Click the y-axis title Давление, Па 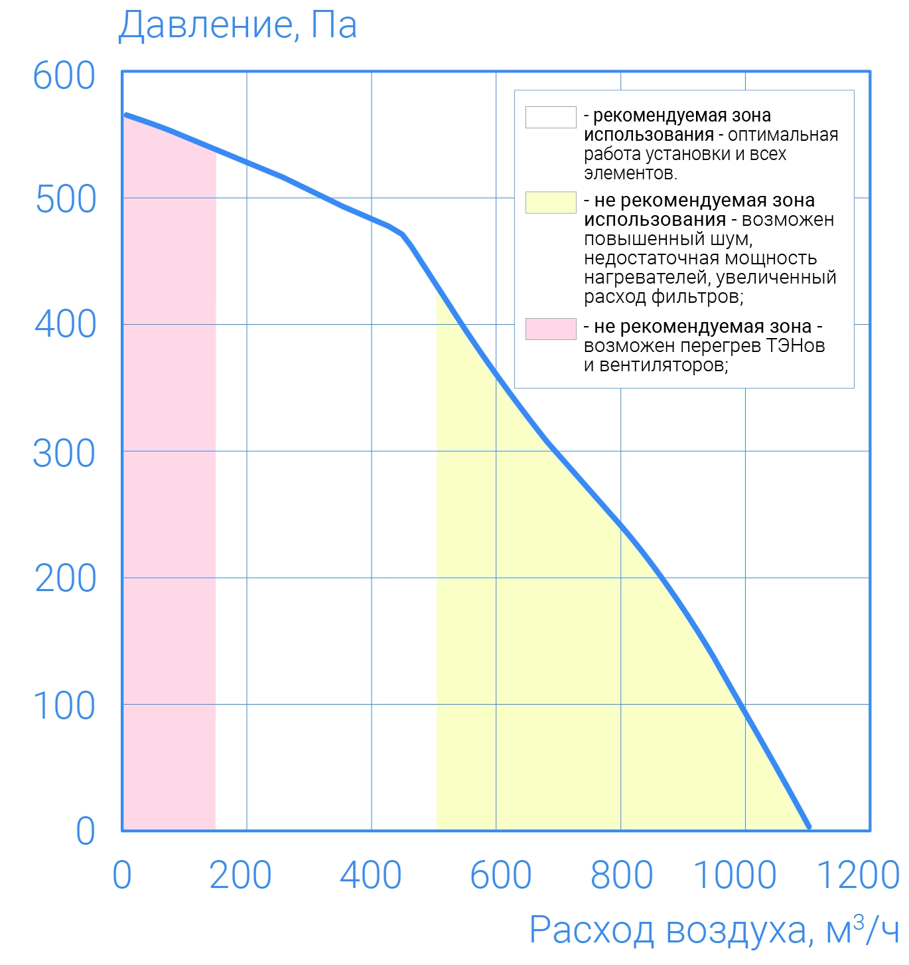click(237, 25)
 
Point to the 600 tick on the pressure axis click(64, 76)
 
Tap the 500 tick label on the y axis click(66, 200)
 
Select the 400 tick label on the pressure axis click(65, 325)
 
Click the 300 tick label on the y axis click(64, 454)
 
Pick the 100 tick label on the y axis click(64, 706)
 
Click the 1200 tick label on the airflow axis click(858, 875)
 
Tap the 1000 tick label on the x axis click(734, 875)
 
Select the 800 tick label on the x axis click(622, 875)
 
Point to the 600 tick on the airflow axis click(501, 875)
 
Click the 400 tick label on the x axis click(371, 875)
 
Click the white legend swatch click(551, 117)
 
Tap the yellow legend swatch click(551, 203)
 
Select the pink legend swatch click(551, 329)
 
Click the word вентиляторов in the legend click(664, 365)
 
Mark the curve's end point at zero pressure click(809, 828)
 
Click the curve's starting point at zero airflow click(126, 114)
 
